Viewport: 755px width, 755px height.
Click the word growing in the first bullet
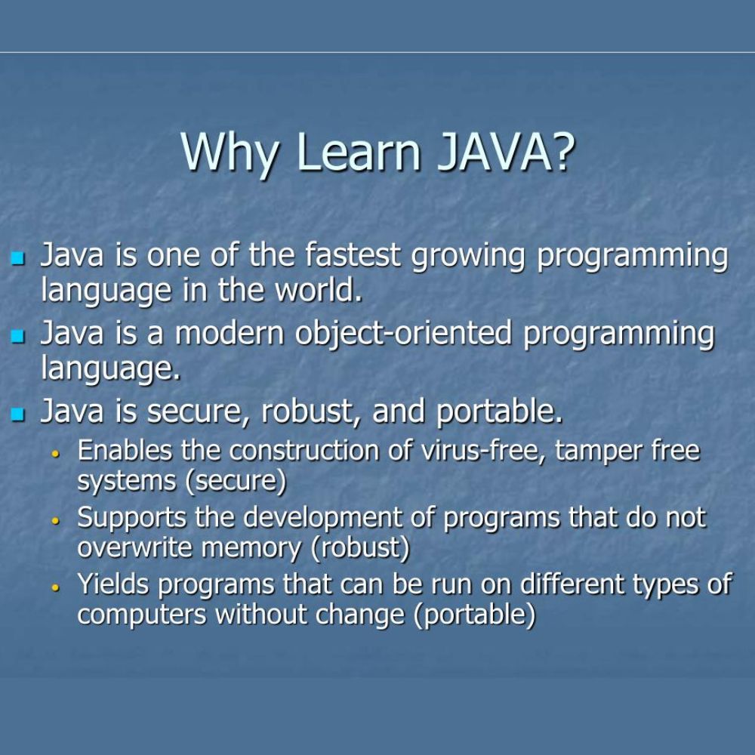pyautogui.click(x=468, y=257)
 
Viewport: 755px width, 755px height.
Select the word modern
pyautogui.click(x=230, y=333)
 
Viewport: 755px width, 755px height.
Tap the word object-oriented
pyautogui.click(x=403, y=334)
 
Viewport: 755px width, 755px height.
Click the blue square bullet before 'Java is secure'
pyautogui.click(x=17, y=414)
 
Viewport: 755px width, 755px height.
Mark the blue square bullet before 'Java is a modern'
pyautogui.click(x=17, y=336)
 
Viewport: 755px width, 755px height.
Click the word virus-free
pyautogui.click(x=483, y=451)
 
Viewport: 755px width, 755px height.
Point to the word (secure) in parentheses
pyautogui.click(x=236, y=482)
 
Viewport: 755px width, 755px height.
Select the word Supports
pyautogui.click(x=131, y=519)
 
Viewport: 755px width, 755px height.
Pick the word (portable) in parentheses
pyautogui.click(x=474, y=615)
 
